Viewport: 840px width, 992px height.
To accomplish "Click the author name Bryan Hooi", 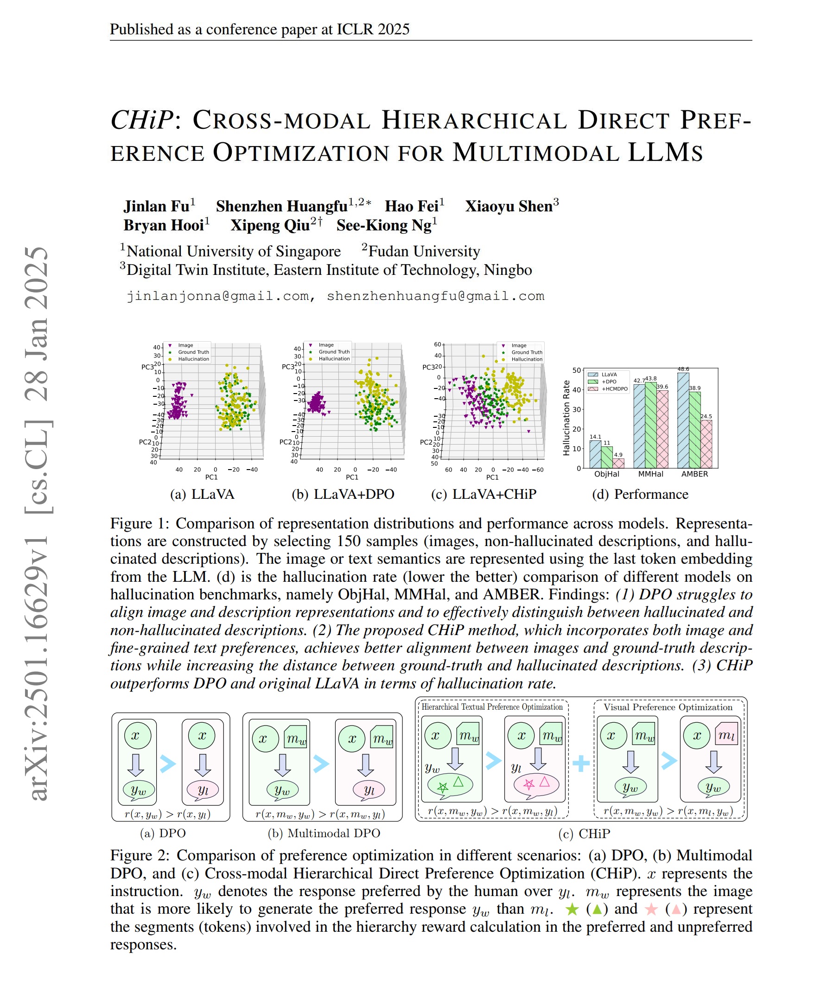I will click(163, 225).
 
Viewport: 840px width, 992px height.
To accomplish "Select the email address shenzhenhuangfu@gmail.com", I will click(435, 296).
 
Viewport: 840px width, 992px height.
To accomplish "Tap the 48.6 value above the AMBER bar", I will click(683, 369).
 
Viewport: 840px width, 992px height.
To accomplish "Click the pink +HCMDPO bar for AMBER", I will click(706, 444).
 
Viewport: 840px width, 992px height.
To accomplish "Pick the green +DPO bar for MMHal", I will click(650, 425).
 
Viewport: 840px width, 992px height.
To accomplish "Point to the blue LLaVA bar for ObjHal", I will click(595, 454).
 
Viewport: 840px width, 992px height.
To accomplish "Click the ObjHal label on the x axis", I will click(607, 474).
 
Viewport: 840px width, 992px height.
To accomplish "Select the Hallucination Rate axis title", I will click(566, 418).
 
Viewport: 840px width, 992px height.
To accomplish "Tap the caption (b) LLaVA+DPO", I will click(343, 494).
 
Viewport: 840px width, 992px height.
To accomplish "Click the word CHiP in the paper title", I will click(142, 120).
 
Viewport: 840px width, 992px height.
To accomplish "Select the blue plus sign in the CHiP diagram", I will click(581, 764).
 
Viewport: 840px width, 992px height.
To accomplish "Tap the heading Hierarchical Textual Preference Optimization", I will click(492, 707).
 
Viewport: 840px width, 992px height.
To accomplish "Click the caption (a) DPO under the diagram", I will click(163, 833).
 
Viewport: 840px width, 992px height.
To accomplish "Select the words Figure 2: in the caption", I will click(140, 856).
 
